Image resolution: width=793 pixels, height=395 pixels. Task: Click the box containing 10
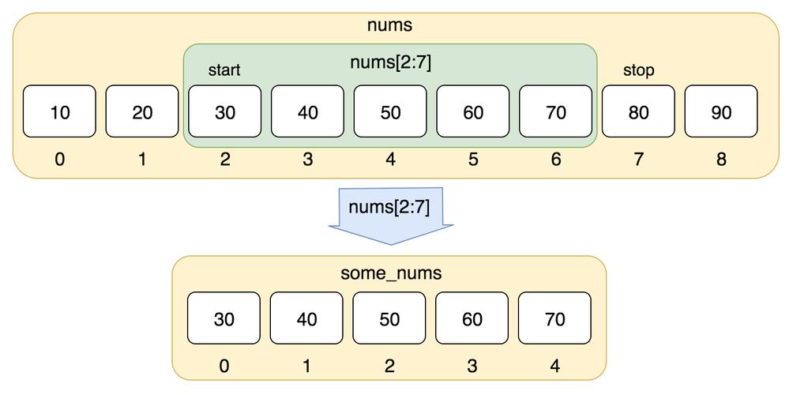[60, 111]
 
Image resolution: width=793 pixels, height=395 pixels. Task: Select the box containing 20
[142, 111]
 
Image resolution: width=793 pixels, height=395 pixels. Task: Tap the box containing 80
[638, 111]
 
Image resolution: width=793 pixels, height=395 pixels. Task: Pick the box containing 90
[721, 111]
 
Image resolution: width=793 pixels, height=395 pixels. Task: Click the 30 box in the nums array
[225, 111]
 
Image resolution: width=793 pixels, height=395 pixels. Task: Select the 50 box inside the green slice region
[390, 111]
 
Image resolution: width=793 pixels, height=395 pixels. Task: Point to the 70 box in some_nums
[554, 318]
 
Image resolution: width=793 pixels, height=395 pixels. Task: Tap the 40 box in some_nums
[306, 318]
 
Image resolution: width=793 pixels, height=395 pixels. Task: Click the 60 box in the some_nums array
[472, 318]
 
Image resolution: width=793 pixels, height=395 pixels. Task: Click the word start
[224, 70]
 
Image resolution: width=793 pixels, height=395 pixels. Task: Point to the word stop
[638, 70]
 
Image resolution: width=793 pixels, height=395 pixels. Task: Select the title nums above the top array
[389, 24]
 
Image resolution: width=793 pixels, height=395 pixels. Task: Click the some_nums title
[390, 274]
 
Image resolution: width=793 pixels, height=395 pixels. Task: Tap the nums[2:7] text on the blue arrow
[389, 208]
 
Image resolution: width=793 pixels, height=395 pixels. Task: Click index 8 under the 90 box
[721, 160]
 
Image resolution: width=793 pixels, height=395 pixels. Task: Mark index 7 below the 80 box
[638, 160]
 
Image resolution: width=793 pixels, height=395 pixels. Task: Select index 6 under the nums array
[556, 160]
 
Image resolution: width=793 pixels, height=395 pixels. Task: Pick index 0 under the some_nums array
[224, 366]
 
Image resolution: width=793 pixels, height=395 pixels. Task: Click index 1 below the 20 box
[142, 160]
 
